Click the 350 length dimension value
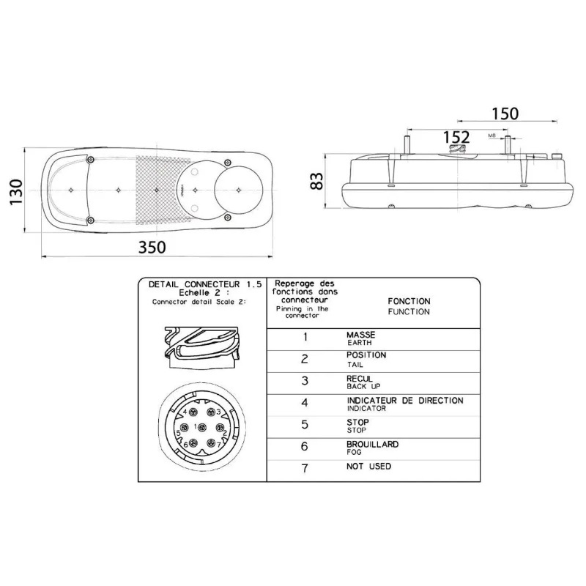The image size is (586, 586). pos(152,248)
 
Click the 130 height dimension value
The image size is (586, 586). pos(16,192)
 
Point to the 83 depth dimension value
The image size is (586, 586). pos(316,181)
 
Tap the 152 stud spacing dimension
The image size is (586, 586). pos(456,137)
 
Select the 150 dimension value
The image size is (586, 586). pos(505,114)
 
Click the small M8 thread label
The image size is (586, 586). pos(492,136)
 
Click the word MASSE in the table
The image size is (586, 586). pos(360,335)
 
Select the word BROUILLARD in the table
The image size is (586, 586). pos(373,445)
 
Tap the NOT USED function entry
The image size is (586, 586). pos(369,467)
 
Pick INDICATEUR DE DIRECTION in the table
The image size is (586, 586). pos(405,401)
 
